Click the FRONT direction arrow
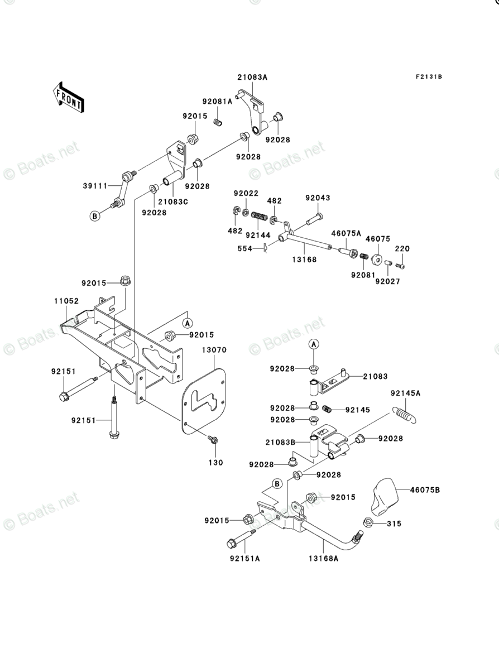click(x=69, y=97)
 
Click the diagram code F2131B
click(x=428, y=76)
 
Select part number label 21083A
click(x=252, y=77)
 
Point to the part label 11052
click(x=67, y=301)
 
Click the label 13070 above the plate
click(x=214, y=350)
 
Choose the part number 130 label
click(x=215, y=462)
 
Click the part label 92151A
click(x=244, y=558)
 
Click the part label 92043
click(x=318, y=198)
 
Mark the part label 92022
click(x=247, y=193)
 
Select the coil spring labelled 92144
click(x=258, y=215)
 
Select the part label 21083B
click(x=280, y=442)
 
